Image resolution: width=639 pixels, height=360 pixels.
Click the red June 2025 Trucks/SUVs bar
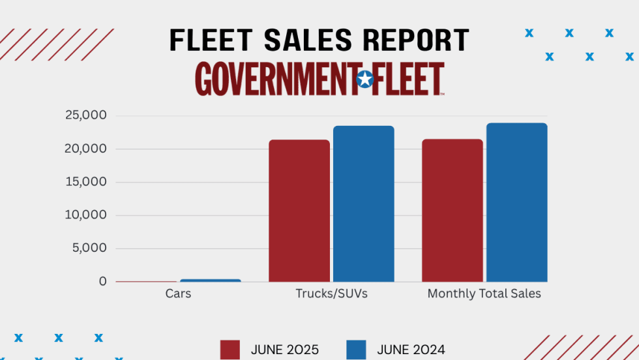coord(299,211)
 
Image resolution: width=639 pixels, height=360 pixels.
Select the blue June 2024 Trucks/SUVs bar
coord(363,203)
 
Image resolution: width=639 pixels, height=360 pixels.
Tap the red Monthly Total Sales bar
coord(453,210)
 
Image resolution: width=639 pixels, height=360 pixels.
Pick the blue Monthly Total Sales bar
coord(516,202)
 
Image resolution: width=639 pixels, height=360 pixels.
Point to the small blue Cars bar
coord(210,280)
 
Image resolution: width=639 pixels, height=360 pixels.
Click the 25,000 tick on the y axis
coord(85,116)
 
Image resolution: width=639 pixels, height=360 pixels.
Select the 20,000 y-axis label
coord(85,149)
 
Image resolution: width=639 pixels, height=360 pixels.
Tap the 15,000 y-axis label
coord(85,182)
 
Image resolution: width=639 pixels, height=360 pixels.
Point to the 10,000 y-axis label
coord(85,215)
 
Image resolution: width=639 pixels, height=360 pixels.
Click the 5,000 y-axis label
coord(89,248)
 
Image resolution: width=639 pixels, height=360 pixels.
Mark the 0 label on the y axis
coord(103,282)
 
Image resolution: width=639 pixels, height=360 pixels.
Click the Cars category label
coord(178,294)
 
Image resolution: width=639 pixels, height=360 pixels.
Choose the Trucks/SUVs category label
coord(331,294)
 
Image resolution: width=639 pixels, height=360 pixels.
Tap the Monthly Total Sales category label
coord(484,294)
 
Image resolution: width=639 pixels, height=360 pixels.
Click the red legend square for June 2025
coord(230,350)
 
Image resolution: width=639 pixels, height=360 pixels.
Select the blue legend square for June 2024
coord(357,350)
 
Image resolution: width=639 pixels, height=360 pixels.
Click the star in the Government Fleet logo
coord(365,80)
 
